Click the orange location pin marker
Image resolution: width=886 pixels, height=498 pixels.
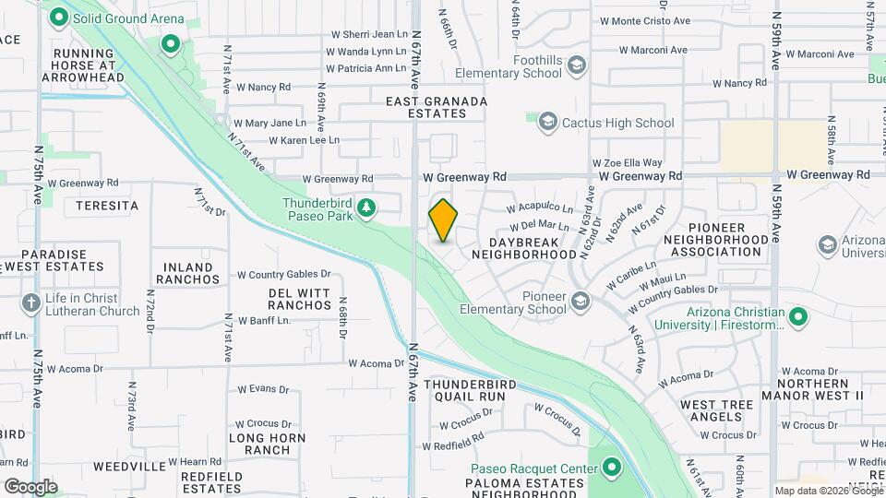point(443,220)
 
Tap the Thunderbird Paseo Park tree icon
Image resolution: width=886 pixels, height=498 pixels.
point(367,207)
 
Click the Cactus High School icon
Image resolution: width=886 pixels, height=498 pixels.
point(547,123)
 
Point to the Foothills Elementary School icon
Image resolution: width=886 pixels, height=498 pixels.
point(577,65)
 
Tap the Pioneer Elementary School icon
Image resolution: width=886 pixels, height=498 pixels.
point(580,301)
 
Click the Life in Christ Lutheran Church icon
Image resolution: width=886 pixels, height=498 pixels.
point(30,302)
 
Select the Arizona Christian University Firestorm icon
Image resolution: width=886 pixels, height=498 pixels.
point(799,318)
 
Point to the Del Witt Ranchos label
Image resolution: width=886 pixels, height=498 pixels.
point(300,299)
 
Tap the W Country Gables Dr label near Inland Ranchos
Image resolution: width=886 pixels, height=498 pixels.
point(283,274)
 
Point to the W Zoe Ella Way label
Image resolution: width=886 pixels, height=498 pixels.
point(628,162)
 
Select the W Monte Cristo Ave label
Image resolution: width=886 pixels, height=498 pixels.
point(645,20)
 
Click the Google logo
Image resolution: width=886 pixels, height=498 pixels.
point(30,486)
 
